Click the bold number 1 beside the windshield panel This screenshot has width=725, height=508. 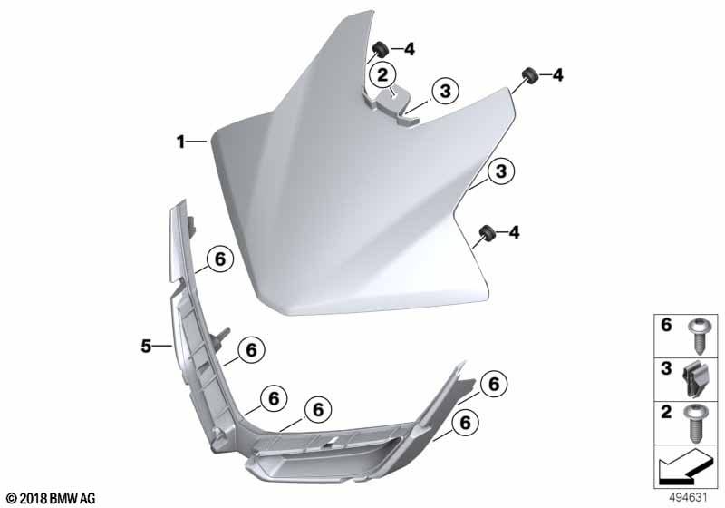pos(180,142)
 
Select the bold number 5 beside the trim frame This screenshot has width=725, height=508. pos(146,345)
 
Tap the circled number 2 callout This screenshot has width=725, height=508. pos(382,74)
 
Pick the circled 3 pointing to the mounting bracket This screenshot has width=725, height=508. pos(445,91)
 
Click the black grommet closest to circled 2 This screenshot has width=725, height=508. pos(380,48)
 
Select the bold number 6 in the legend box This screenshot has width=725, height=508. pos(666,326)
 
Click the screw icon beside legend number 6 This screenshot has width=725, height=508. pos(696,336)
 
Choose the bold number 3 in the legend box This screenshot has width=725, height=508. pos(666,368)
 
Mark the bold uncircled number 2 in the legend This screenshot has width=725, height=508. pos(666,412)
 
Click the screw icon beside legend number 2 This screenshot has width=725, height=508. pos(696,423)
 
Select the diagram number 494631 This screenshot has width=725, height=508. pos(689,498)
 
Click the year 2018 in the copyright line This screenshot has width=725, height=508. pos(34,499)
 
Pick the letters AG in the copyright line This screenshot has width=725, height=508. pos(88,499)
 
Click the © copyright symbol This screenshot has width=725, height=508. pos(13,499)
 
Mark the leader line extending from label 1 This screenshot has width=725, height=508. pos(198,142)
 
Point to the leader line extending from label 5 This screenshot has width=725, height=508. pos(162,345)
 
